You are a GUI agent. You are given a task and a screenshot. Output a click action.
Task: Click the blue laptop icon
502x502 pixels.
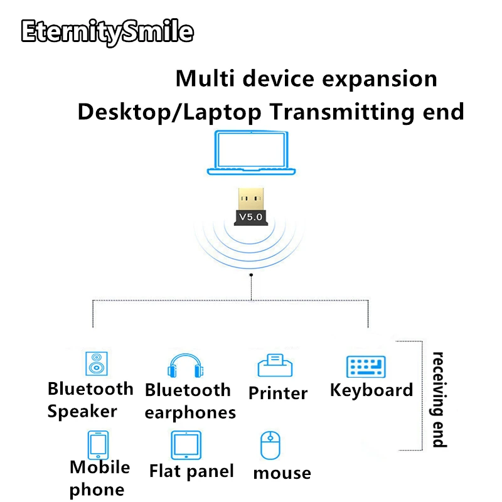(251, 154)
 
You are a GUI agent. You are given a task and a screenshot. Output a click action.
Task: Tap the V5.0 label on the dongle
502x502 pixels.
(251, 217)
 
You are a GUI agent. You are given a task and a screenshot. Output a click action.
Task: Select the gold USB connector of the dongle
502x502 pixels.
(251, 199)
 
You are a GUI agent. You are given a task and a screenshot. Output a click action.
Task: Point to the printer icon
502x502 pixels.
(277, 366)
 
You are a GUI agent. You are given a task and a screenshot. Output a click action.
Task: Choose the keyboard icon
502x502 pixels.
(366, 366)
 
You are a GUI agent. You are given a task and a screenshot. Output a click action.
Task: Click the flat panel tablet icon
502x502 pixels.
(186, 445)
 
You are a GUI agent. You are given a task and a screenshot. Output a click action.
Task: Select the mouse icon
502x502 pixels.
(269, 446)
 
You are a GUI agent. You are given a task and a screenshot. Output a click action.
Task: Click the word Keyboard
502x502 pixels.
(371, 390)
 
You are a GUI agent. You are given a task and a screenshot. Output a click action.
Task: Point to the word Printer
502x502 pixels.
(278, 393)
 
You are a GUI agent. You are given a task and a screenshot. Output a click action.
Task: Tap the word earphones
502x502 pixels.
(190, 412)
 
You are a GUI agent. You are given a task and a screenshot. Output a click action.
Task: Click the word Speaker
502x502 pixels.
(82, 412)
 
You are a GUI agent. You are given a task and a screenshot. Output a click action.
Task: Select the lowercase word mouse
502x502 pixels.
(282, 473)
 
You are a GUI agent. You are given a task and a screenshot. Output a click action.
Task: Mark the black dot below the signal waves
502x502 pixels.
(251, 275)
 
